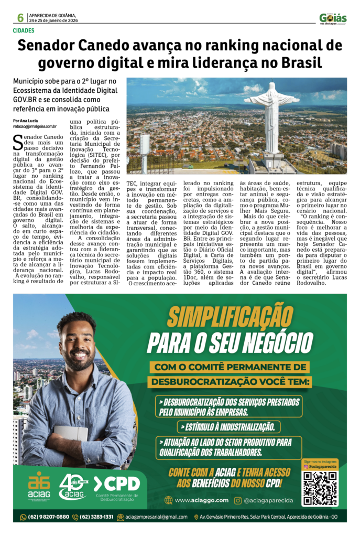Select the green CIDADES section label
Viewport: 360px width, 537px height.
click(x=24, y=30)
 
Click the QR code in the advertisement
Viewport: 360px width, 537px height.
click(x=320, y=488)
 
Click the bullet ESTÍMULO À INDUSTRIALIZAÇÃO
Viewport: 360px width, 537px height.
click(x=228, y=426)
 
